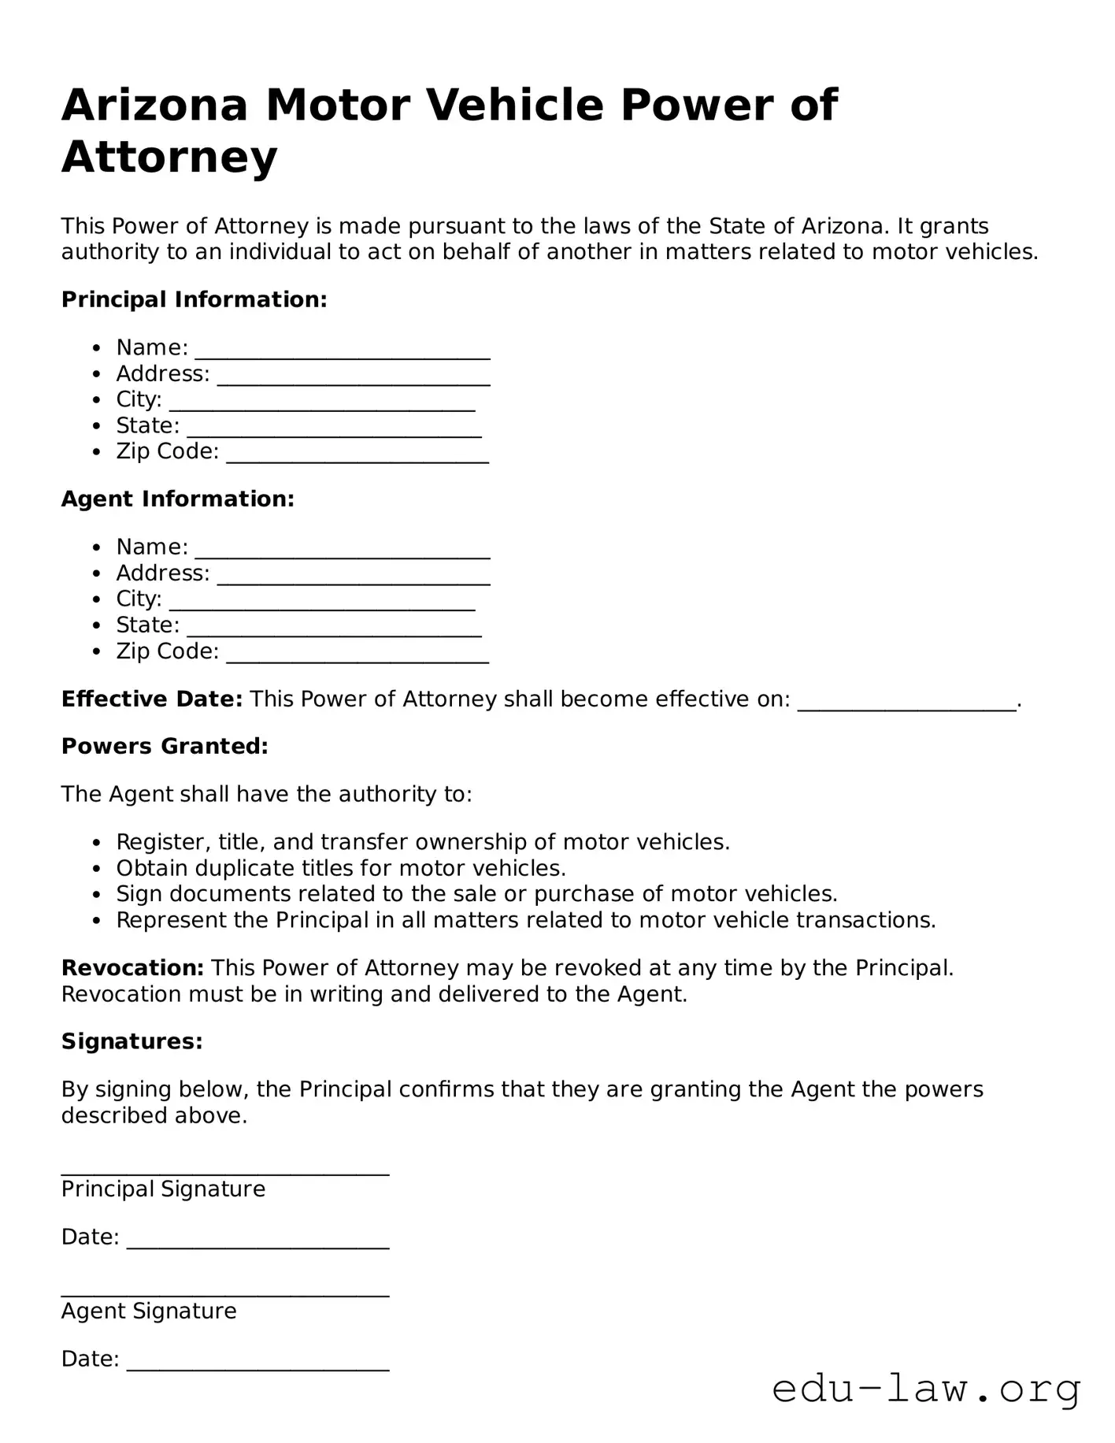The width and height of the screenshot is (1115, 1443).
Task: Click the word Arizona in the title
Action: tap(154, 105)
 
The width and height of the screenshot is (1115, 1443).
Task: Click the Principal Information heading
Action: tap(194, 299)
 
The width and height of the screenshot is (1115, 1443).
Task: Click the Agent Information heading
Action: tap(178, 499)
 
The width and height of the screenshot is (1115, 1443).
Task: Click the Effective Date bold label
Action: tap(152, 699)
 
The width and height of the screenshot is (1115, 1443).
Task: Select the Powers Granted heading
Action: tap(165, 746)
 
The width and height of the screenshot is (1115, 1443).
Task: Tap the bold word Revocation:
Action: tap(133, 967)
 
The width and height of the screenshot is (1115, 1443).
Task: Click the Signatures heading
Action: tap(132, 1041)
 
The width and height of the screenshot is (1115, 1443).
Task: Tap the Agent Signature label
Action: tap(149, 1311)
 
